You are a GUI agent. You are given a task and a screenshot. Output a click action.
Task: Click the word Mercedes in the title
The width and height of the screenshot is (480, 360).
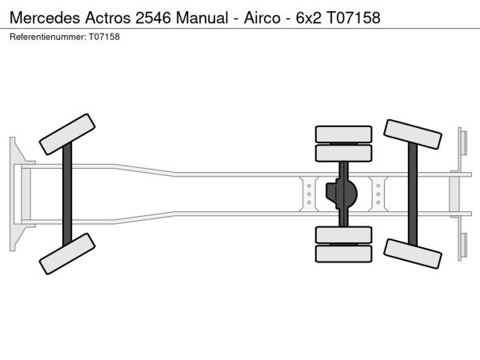(45, 18)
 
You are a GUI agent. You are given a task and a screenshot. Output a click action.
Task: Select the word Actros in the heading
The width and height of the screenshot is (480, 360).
(108, 18)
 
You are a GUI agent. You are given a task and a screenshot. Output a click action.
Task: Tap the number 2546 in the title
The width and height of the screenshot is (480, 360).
(153, 18)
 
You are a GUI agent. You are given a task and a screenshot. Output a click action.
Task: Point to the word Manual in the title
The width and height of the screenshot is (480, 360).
(202, 18)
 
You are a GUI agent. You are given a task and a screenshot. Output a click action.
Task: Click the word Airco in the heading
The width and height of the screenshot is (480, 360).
(262, 18)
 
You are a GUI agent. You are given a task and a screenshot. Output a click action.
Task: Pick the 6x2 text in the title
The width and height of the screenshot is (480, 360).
(309, 18)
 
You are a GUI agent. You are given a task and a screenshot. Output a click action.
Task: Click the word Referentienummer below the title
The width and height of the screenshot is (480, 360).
(48, 37)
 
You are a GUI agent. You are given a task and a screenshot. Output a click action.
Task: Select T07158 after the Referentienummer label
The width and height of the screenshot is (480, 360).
(104, 37)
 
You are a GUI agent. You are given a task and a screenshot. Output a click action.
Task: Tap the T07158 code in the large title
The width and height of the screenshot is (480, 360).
(354, 18)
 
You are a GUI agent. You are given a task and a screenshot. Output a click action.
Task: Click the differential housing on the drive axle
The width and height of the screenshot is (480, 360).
(341, 194)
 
